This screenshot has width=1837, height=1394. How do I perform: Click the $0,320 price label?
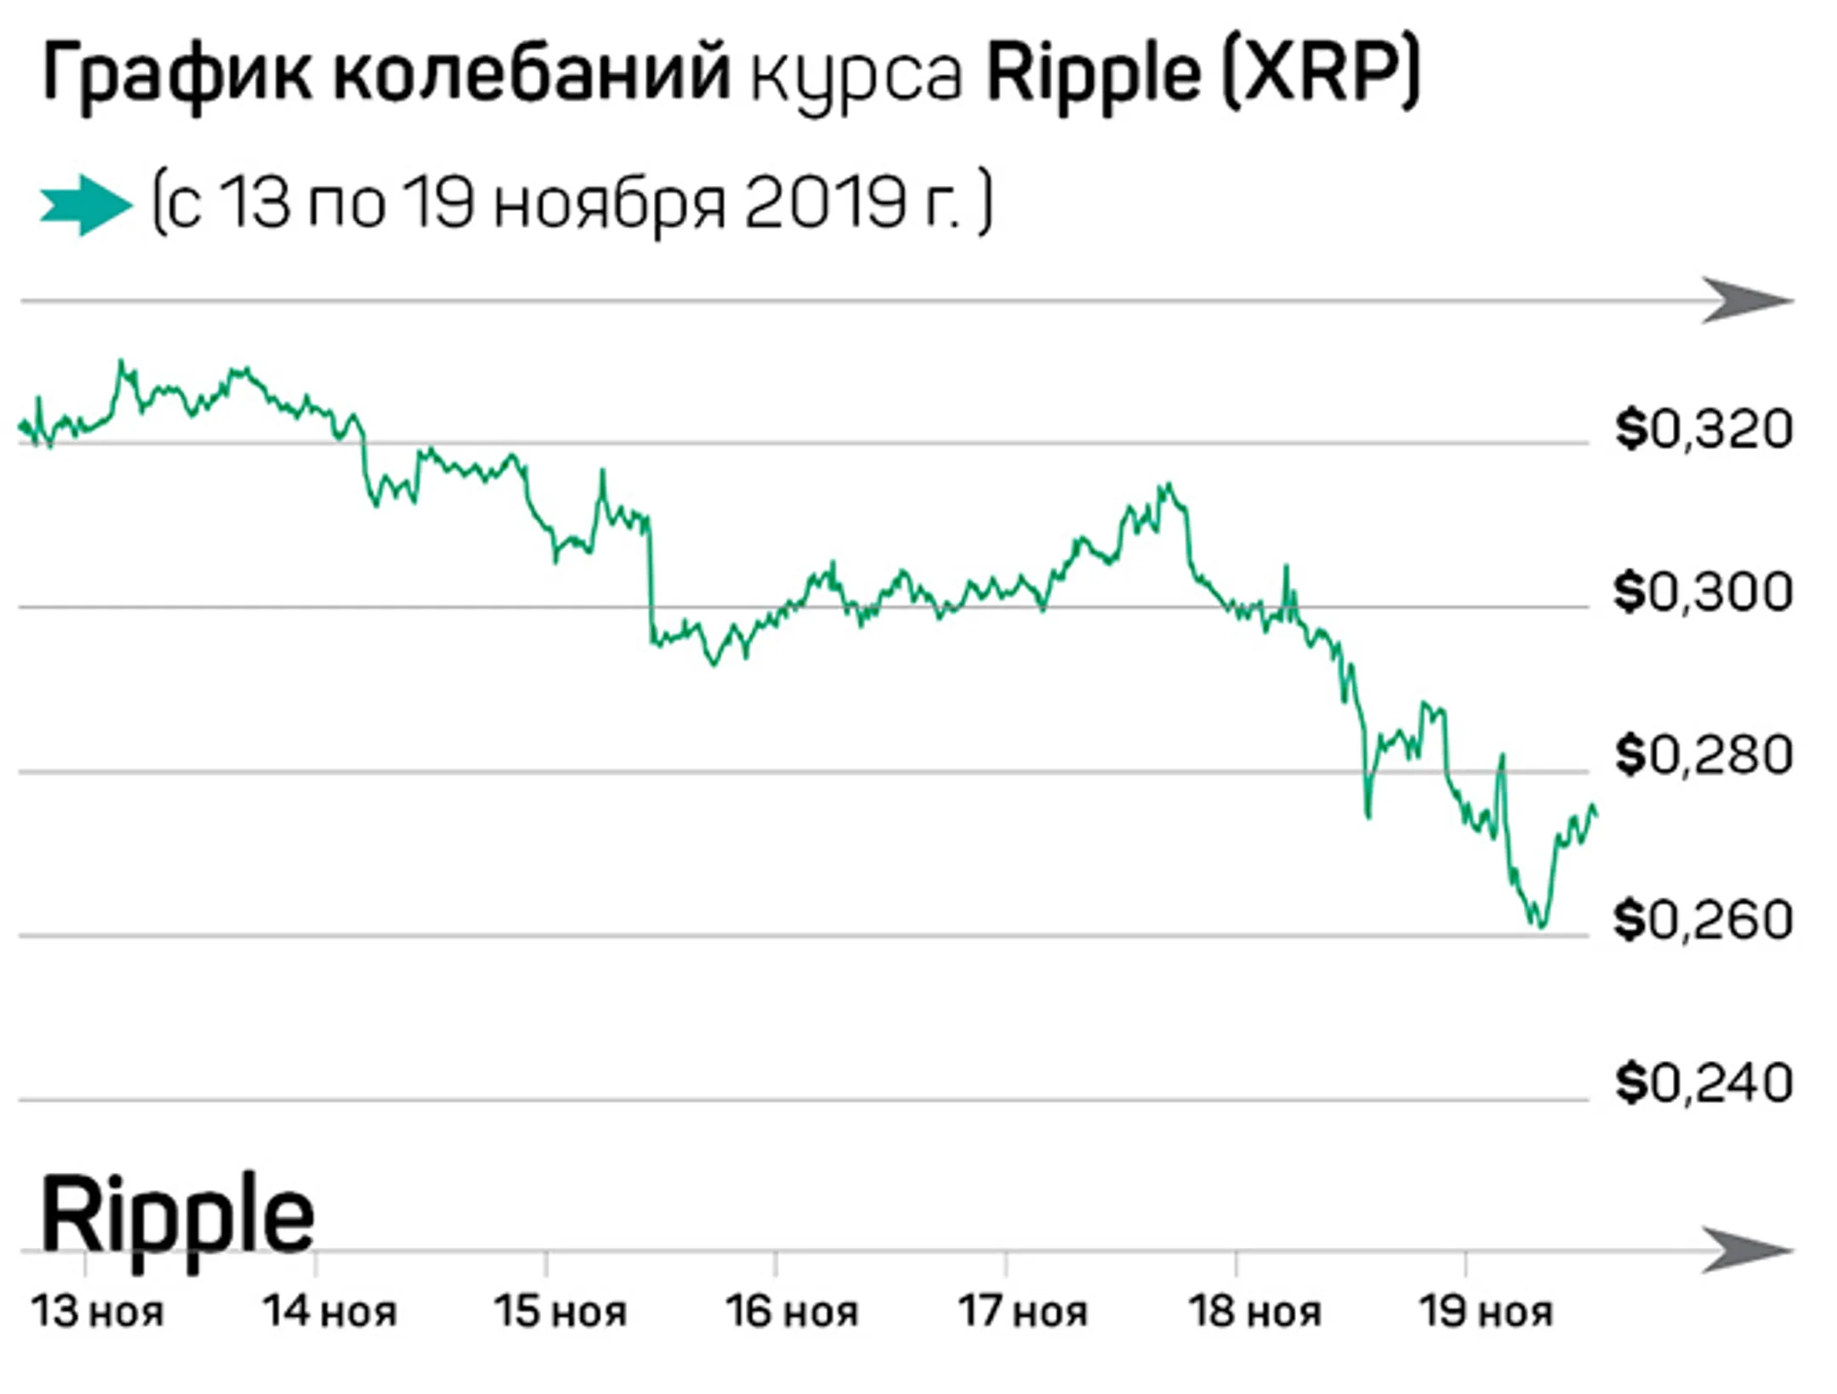(1703, 429)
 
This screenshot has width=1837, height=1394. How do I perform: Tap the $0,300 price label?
(1703, 592)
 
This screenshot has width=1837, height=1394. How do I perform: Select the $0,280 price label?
(1703, 755)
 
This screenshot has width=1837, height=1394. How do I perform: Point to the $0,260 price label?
(1703, 920)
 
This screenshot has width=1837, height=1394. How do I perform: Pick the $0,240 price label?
(1703, 1084)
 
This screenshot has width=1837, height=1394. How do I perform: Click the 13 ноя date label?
(98, 1312)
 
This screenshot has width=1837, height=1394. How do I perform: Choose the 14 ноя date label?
(330, 1312)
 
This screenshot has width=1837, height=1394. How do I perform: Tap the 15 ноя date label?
(561, 1312)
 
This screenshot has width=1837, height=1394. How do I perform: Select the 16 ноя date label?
(792, 1312)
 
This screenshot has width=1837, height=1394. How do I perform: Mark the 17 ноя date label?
(1023, 1312)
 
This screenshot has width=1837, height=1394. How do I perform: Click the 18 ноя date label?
(1255, 1312)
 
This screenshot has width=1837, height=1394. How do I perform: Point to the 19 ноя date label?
(1487, 1312)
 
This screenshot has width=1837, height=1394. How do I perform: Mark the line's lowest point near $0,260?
(1540, 925)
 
